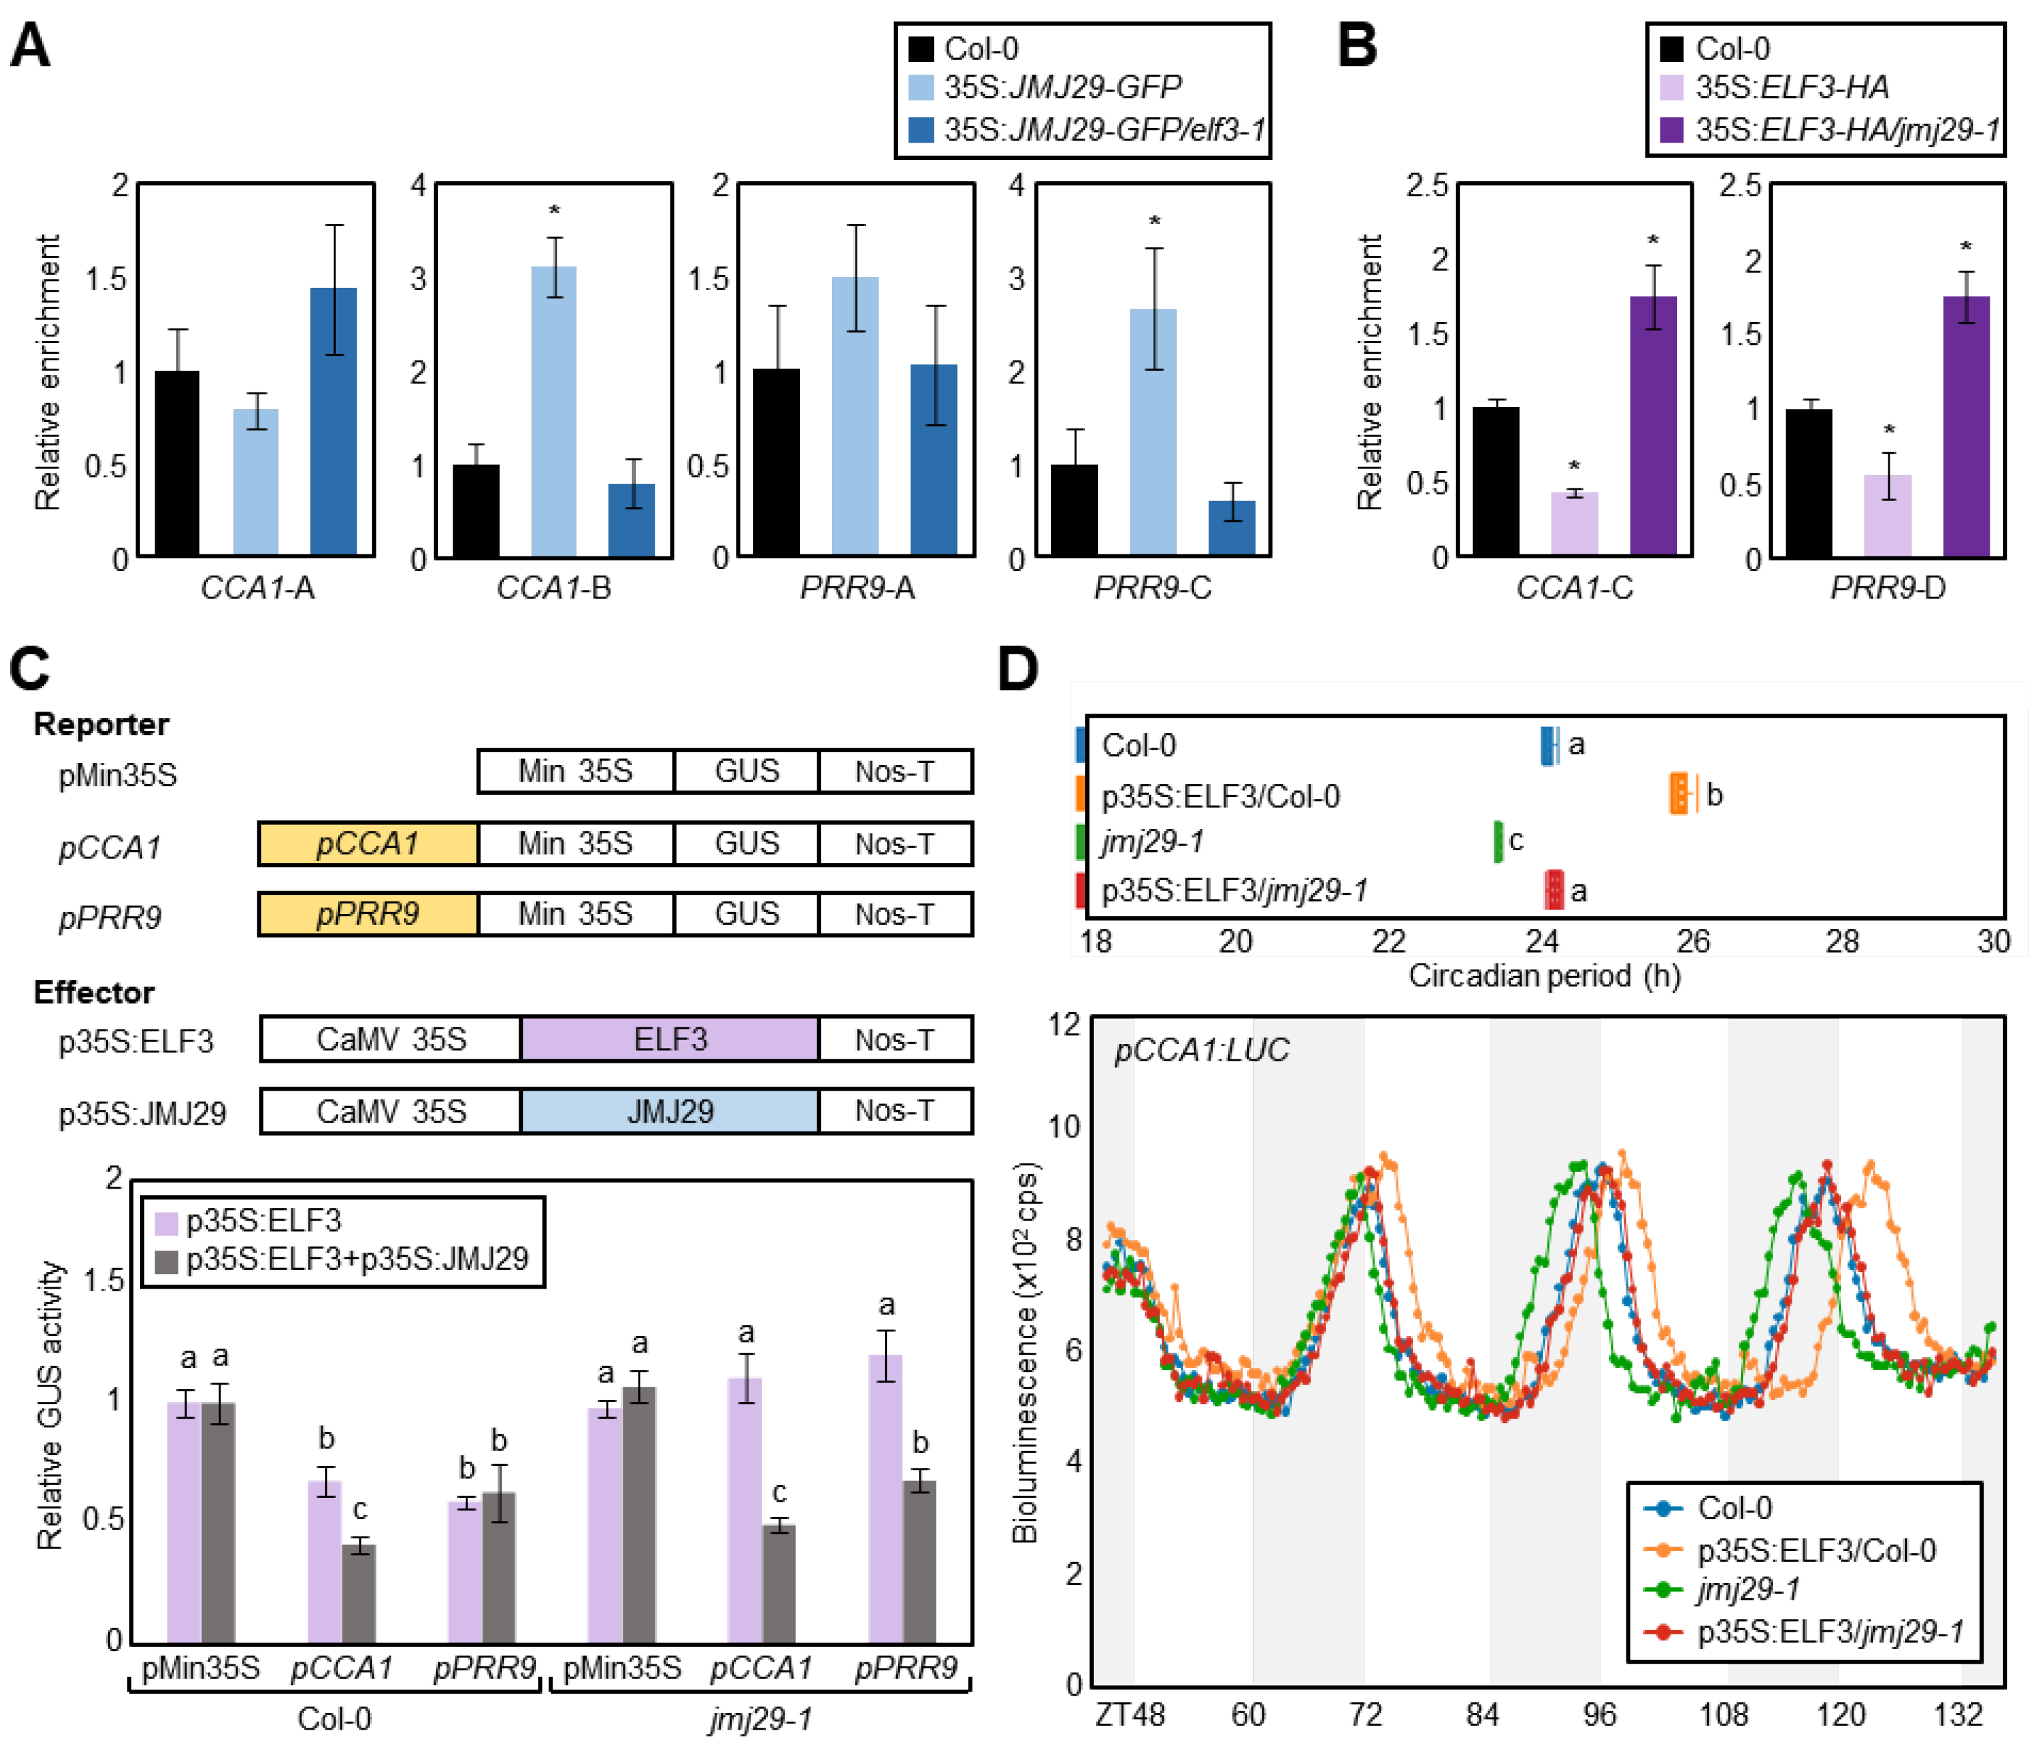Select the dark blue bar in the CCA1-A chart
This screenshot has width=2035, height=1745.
click(x=333, y=422)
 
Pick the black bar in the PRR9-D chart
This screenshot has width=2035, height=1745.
click(x=1808, y=482)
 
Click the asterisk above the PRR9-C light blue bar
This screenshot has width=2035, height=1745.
click(x=1154, y=222)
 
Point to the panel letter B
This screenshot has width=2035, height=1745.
click(x=1357, y=46)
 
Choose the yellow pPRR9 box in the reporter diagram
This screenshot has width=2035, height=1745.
click(x=367, y=914)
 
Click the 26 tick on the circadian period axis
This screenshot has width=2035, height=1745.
click(x=1692, y=941)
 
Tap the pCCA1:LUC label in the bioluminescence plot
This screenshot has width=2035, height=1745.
click(x=1200, y=1051)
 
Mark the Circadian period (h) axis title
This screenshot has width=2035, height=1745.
click(x=1544, y=976)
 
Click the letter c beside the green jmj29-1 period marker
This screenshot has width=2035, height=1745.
click(x=1516, y=841)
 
